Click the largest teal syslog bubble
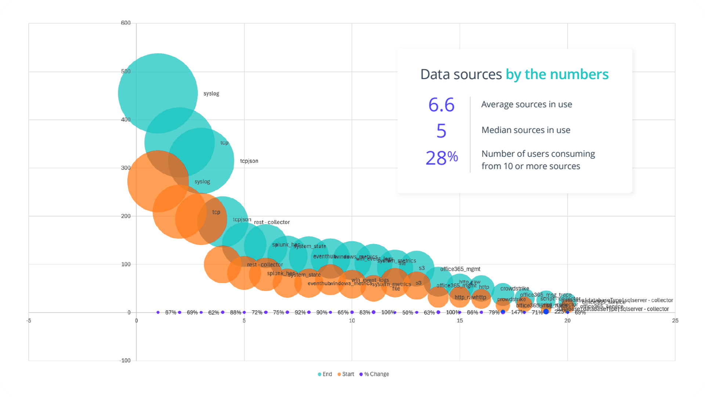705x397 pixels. point(158,93)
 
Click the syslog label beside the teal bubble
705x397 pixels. point(211,93)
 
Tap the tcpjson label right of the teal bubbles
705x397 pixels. point(249,161)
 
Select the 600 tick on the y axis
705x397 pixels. point(126,23)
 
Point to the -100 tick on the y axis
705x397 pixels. point(125,360)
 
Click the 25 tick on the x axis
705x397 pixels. point(675,321)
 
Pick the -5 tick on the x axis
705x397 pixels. point(29,321)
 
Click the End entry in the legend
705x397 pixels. point(325,374)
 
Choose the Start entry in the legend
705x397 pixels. point(346,374)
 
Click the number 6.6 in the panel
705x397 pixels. point(441,105)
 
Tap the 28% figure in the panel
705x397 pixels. point(442,158)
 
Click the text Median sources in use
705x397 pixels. point(526,130)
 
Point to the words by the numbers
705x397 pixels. point(557,74)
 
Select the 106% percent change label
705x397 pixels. point(388,312)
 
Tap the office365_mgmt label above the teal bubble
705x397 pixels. point(460,269)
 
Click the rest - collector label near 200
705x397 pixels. point(272,222)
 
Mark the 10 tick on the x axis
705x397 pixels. point(352,321)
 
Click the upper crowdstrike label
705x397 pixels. point(514,289)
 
